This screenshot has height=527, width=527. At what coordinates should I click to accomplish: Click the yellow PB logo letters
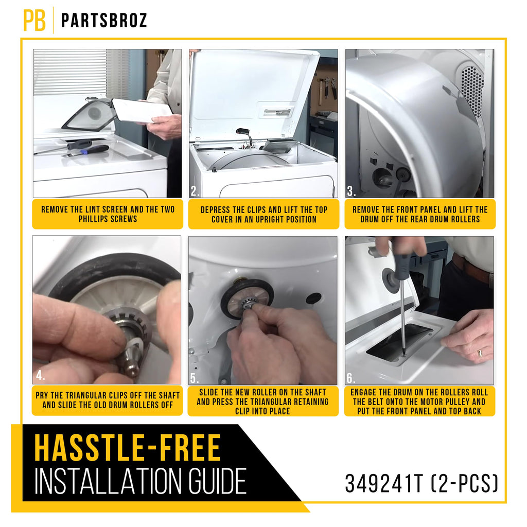[x=34, y=20]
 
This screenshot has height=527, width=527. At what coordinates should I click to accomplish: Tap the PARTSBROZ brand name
[x=104, y=21]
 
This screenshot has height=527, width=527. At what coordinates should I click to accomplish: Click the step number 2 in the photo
[x=195, y=191]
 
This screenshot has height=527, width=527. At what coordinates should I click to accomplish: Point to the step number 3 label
[x=352, y=191]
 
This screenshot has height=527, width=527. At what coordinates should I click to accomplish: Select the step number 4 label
[x=40, y=375]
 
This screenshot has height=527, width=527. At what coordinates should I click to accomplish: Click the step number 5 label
[x=195, y=378]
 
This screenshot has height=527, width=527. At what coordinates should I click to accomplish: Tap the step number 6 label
[x=351, y=378]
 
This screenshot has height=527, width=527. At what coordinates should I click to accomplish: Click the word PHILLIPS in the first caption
[x=93, y=219]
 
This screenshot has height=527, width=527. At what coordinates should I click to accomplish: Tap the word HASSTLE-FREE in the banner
[x=128, y=448]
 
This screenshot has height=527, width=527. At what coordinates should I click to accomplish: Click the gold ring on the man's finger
[x=480, y=353]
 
